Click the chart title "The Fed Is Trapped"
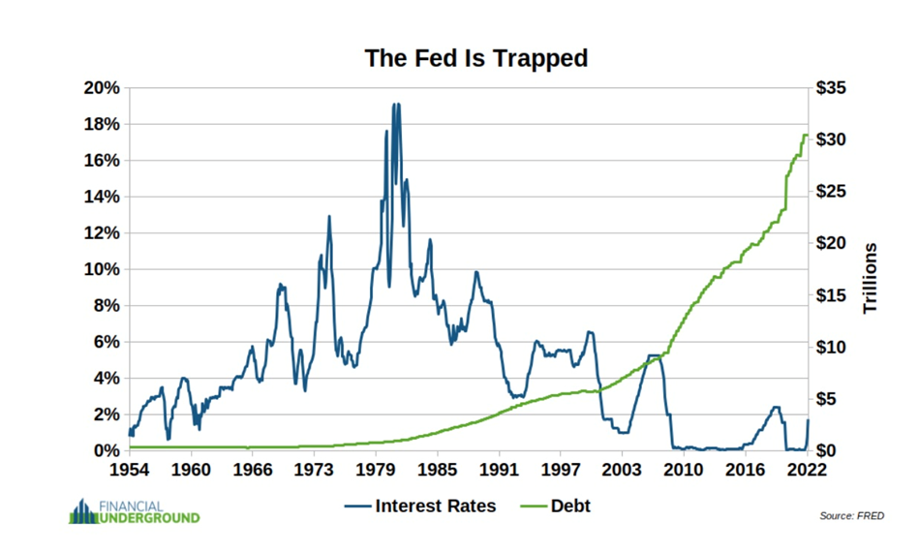point(475,58)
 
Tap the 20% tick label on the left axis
point(101,88)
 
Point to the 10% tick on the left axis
point(101,269)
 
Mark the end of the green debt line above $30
point(807,135)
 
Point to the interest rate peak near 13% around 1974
point(329,216)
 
